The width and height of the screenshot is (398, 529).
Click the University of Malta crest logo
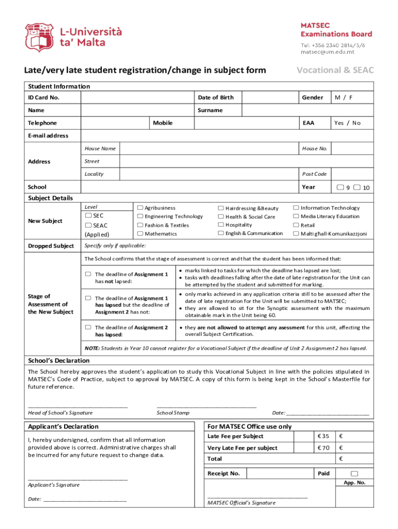(39, 37)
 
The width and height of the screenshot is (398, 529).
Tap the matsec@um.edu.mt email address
(328, 52)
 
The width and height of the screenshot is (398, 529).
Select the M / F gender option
(344, 98)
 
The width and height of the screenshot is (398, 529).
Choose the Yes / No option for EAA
(347, 123)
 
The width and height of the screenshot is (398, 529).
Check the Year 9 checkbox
(341, 187)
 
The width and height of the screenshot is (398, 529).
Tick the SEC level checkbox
(88, 215)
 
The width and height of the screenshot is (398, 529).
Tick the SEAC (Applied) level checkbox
(88, 225)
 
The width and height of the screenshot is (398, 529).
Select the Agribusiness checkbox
(140, 208)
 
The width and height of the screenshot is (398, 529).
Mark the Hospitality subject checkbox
(221, 225)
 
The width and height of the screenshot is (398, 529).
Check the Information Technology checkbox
(296, 208)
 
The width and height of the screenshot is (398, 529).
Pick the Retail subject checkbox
(296, 225)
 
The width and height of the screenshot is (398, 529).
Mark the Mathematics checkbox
(140, 234)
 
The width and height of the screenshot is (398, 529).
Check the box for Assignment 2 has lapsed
(88, 328)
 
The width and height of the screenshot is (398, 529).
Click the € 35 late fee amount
(323, 437)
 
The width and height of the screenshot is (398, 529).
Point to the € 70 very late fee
(323, 448)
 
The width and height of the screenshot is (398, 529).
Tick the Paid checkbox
(354, 473)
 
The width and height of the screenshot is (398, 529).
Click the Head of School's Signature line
(78, 407)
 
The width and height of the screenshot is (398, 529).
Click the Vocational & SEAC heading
(334, 70)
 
